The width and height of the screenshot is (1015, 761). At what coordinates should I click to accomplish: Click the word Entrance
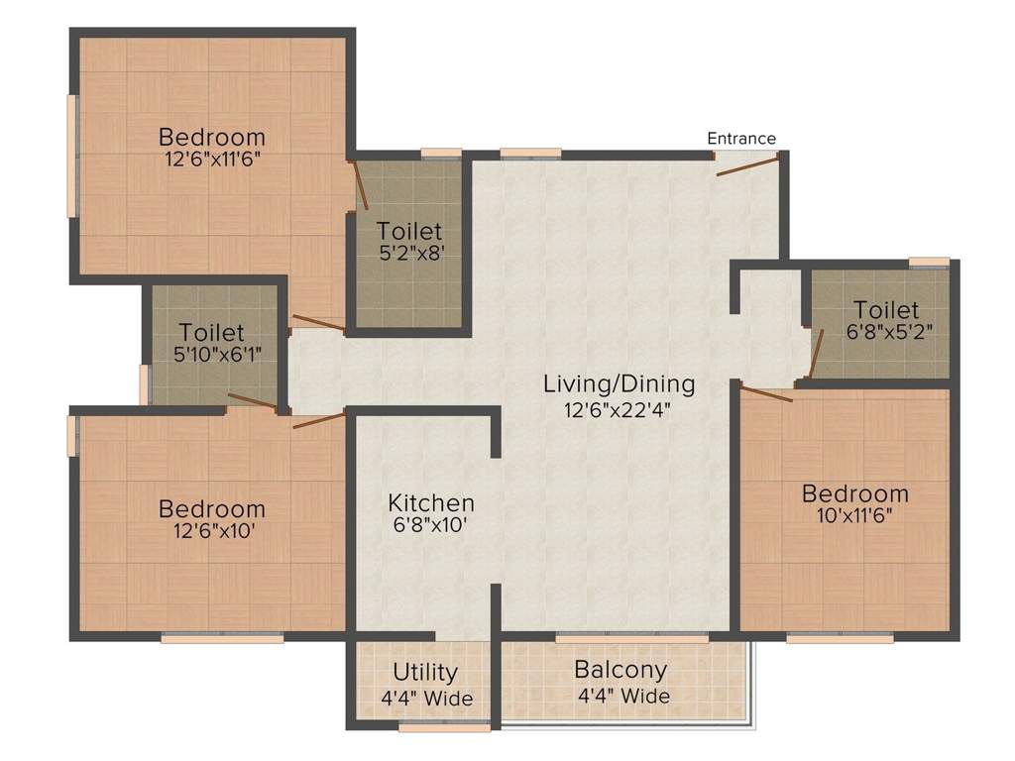click(741, 139)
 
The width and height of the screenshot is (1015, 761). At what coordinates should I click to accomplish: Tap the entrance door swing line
click(747, 165)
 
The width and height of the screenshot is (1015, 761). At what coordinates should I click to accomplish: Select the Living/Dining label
click(619, 383)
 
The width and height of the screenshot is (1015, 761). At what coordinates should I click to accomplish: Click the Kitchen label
click(430, 502)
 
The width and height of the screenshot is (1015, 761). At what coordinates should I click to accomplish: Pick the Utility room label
click(425, 673)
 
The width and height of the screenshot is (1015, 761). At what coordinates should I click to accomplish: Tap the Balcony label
click(620, 671)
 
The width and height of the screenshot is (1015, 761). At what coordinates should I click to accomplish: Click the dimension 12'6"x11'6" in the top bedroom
click(212, 159)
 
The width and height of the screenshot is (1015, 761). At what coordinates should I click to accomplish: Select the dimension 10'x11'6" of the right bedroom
click(854, 515)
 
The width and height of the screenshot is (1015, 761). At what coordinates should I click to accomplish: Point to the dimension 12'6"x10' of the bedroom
click(212, 532)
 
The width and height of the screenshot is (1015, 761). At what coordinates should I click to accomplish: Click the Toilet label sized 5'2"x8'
click(409, 231)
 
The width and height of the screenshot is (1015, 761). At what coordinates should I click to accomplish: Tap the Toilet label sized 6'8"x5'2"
click(886, 310)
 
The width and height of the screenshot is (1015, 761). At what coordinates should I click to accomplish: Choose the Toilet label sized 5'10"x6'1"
click(212, 333)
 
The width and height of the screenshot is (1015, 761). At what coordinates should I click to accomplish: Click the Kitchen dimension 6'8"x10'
click(430, 525)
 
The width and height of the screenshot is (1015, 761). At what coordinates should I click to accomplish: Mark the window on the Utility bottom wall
click(444, 727)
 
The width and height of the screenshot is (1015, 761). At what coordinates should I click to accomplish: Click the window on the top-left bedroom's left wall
click(71, 156)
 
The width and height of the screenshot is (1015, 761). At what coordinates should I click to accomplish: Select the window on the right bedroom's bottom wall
click(840, 638)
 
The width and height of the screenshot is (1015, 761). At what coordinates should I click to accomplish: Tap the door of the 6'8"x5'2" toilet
click(817, 355)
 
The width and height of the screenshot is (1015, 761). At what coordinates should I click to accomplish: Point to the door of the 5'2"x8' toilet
click(361, 185)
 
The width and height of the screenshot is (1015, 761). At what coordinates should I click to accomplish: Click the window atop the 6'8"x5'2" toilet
click(929, 262)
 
